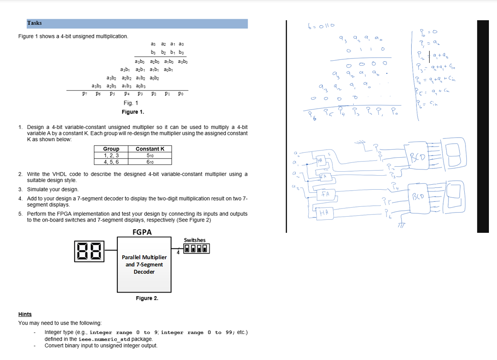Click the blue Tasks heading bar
137,23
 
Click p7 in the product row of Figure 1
84,94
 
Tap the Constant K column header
150,149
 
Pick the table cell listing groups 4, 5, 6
111,162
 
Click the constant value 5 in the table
150,156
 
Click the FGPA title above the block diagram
142,232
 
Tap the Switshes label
195,240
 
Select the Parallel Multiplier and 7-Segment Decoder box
144,265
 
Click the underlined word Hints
25,314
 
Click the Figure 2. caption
147,298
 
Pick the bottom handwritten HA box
323,213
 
